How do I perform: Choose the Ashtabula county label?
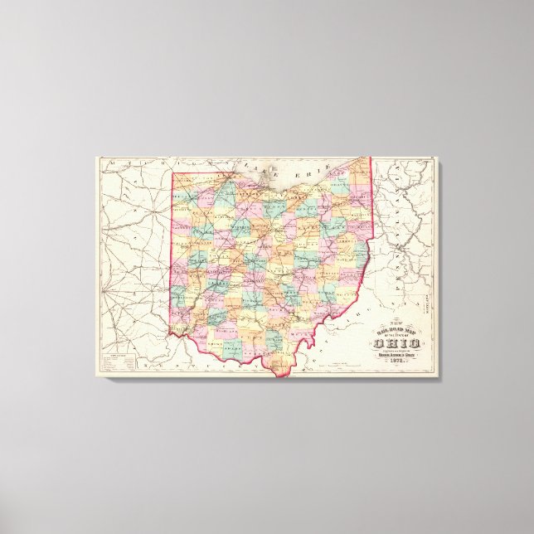(x=358, y=172)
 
